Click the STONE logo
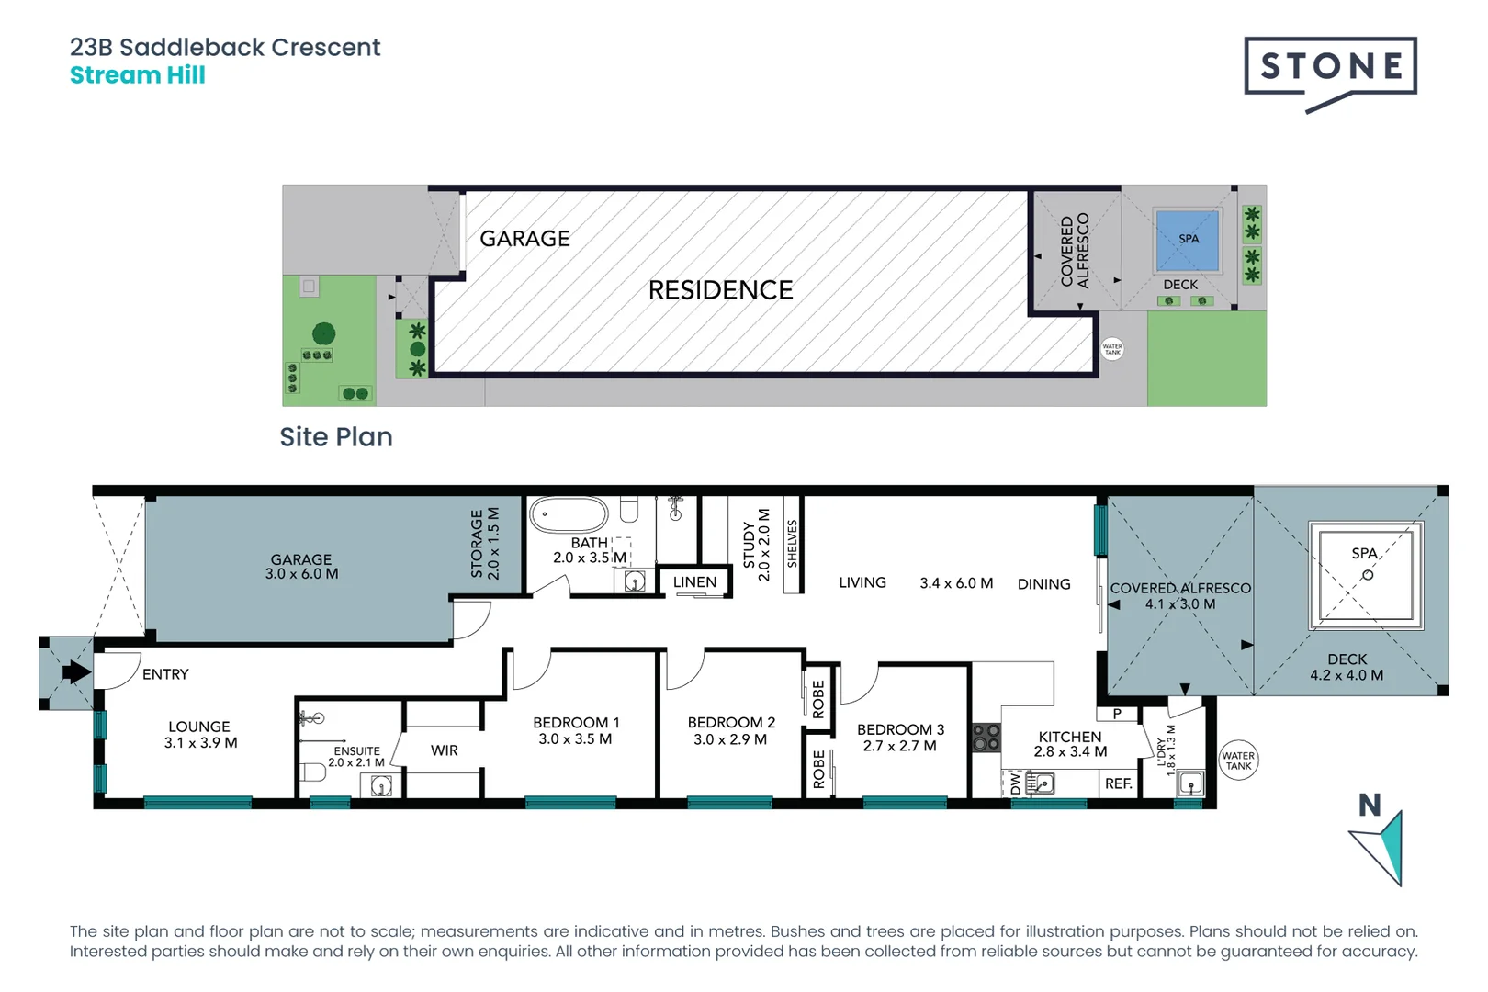[x=1331, y=72]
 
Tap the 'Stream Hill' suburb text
[x=138, y=75]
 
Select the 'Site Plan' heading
[x=336, y=437]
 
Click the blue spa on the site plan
[x=1188, y=241]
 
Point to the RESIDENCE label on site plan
[x=721, y=290]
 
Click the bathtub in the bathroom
[x=569, y=514]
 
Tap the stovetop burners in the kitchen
[x=986, y=738]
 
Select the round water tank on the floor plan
[x=1238, y=761]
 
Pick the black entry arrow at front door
[x=76, y=672]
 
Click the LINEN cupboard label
[x=694, y=582]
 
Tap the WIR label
[x=445, y=750]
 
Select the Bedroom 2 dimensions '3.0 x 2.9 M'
[x=730, y=738]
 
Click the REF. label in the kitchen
[x=1119, y=784]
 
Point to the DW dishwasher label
[x=1015, y=783]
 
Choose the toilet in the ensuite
[x=312, y=772]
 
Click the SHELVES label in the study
[x=792, y=544]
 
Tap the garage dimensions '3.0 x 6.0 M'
[x=301, y=574]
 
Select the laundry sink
[x=1190, y=784]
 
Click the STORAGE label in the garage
[x=477, y=544]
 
